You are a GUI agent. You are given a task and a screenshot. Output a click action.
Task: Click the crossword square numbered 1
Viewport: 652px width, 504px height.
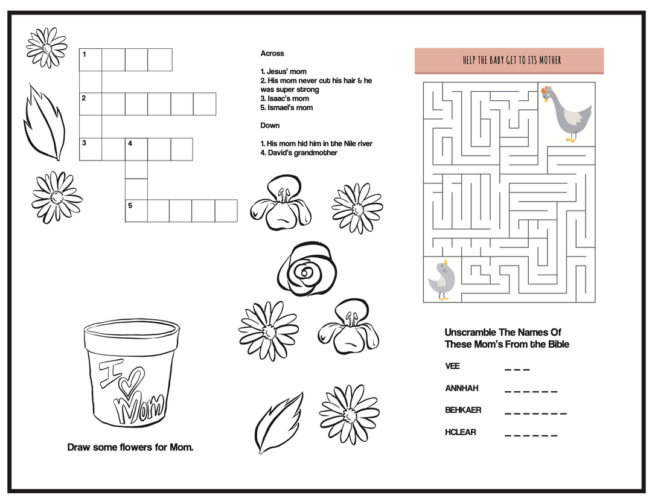[x=91, y=60]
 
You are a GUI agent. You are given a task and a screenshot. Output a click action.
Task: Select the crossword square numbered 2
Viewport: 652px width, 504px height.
[x=91, y=104]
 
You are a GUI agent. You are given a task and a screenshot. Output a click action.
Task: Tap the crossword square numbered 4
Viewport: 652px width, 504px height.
[x=136, y=149]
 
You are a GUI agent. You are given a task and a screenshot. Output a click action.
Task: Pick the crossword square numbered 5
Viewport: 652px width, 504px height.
[x=136, y=211]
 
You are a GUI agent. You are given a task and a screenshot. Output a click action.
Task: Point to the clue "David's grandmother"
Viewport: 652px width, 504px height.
[x=299, y=153]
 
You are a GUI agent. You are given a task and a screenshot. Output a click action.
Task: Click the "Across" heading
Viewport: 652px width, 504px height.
[x=272, y=54]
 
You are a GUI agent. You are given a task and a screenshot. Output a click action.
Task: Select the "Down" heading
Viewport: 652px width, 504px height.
[x=270, y=126]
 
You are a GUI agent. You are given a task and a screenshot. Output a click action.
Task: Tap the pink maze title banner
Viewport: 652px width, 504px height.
[x=509, y=60]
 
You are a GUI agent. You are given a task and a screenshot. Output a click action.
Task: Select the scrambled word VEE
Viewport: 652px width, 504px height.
[x=452, y=366]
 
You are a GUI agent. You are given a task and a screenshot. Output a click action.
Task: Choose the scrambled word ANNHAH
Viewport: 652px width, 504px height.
[x=461, y=388]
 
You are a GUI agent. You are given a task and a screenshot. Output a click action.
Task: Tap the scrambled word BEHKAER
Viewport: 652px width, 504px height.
[x=463, y=410]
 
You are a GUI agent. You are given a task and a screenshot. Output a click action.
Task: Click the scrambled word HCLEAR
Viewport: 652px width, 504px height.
[x=461, y=432]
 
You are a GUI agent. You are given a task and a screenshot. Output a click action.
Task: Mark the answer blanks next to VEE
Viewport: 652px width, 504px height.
[x=517, y=369]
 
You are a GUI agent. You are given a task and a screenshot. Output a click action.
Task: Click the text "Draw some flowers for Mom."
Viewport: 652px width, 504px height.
[x=130, y=447]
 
